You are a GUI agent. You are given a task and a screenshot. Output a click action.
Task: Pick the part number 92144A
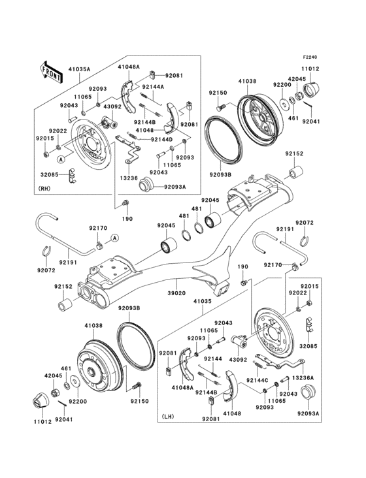pos(154,86)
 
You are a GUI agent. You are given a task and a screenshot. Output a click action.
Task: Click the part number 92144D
pos(161,139)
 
